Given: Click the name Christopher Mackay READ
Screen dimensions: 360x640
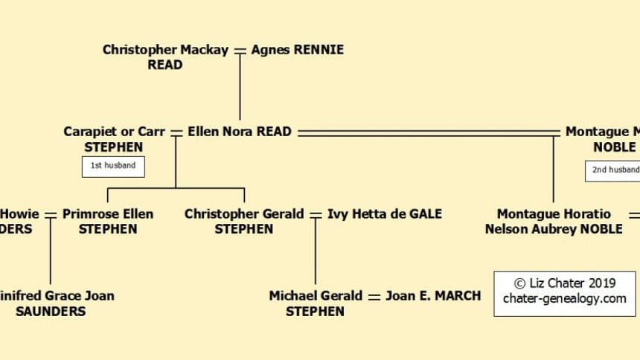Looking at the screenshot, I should (166, 57).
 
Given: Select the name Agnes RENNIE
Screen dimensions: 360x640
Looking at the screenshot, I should (298, 50).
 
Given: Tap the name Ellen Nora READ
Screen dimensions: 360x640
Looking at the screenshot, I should (239, 132).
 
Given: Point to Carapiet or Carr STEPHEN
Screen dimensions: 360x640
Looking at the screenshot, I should (114, 139).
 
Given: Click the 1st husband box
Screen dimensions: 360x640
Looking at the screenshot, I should (113, 166).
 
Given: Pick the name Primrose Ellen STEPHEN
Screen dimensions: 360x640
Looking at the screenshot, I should (108, 221).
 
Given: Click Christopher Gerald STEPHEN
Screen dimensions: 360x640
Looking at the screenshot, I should (244, 221).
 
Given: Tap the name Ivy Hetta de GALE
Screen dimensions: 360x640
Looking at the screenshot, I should (385, 213).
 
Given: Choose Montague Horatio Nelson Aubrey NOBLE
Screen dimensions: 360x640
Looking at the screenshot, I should (554, 221).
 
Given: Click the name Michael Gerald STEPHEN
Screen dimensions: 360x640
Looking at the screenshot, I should (316, 303).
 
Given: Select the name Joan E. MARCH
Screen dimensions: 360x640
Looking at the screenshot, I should (433, 295).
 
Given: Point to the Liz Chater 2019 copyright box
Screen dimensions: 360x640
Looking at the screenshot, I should (565, 293).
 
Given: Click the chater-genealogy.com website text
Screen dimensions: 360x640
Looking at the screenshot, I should (565, 299).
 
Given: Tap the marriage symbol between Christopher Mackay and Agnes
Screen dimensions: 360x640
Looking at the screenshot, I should (240, 51).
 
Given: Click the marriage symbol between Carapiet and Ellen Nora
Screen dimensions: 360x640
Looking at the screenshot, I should (176, 132).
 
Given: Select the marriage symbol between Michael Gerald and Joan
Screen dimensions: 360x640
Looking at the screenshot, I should (374, 296).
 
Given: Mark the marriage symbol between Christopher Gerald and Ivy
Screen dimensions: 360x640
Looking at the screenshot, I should (316, 214).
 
